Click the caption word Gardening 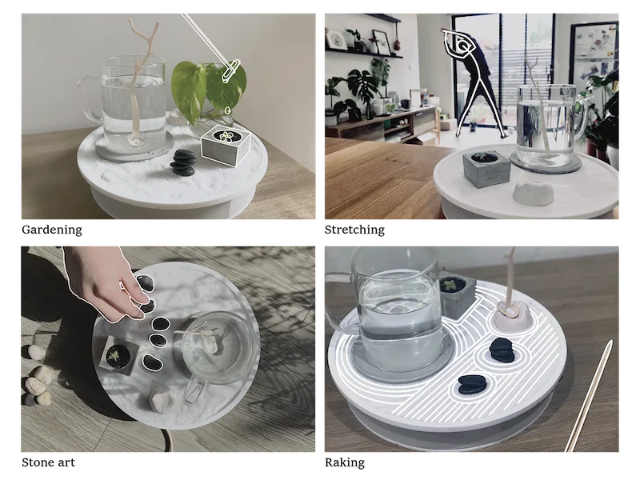coord(52,230)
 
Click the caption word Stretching coord(354,230)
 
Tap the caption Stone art coord(48,462)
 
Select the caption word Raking coord(345,463)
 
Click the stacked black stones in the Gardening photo coord(183,162)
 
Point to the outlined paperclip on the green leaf coord(230,71)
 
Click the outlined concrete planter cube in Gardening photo coord(226,146)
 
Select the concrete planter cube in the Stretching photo coord(486,168)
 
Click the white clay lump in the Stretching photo coord(533,193)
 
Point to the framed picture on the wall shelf coord(382,42)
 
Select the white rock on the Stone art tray coord(163,399)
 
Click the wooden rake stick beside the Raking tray coord(589,395)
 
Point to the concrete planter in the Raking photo coord(457,296)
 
